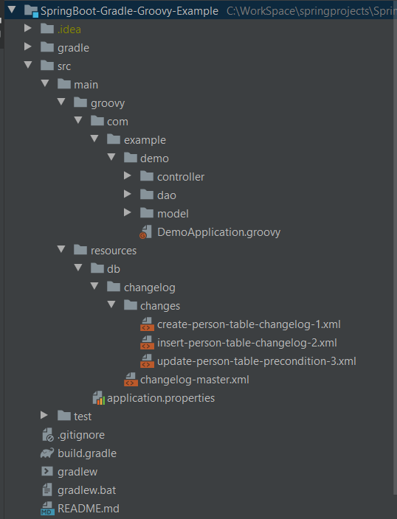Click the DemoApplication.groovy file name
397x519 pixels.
(218, 232)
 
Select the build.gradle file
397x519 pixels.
(87, 453)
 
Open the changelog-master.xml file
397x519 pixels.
(195, 380)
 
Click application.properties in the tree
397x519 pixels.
(161, 398)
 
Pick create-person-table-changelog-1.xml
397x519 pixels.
(249, 324)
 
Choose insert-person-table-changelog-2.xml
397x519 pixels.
(247, 343)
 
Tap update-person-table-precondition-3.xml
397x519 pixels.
(257, 361)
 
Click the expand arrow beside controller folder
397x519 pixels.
(128, 175)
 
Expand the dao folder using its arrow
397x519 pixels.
(128, 194)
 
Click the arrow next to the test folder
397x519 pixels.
(44, 415)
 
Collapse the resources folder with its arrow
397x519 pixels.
(61, 249)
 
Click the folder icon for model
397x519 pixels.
(147, 213)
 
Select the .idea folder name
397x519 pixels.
(69, 29)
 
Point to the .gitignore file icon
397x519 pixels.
(48, 435)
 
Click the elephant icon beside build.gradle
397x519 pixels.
(47, 453)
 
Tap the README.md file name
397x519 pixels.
(88, 509)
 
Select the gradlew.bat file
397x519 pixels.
(86, 490)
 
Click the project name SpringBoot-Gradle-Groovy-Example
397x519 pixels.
(130, 11)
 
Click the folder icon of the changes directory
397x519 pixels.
(131, 305)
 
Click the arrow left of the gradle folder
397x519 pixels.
(28, 46)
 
